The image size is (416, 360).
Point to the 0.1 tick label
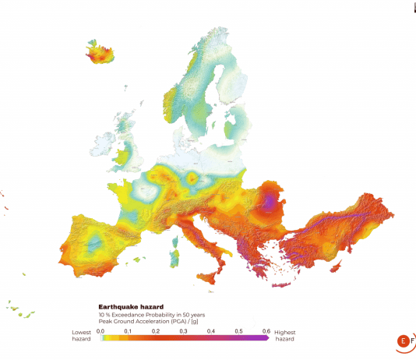129,331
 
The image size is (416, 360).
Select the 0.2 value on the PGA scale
156,331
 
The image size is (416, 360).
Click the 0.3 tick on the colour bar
183,331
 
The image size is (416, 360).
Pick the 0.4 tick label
210,331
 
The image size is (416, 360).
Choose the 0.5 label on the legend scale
238,331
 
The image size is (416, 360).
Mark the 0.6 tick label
265,331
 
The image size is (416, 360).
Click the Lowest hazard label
82,336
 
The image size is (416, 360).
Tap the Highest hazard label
285,336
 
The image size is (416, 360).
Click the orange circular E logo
403,341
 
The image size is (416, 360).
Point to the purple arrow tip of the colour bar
266,340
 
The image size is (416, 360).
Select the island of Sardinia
175,253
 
